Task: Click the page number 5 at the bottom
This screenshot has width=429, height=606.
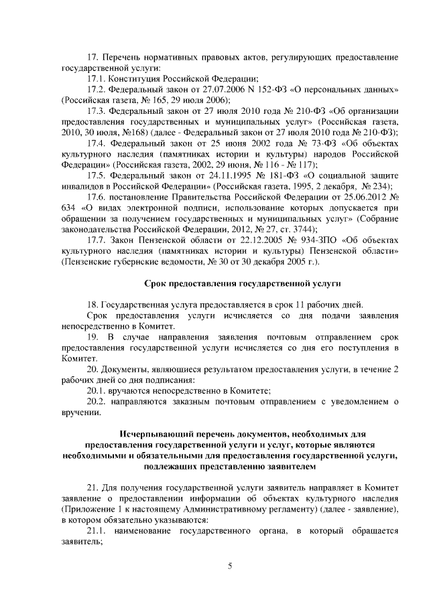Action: [x=230, y=566]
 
